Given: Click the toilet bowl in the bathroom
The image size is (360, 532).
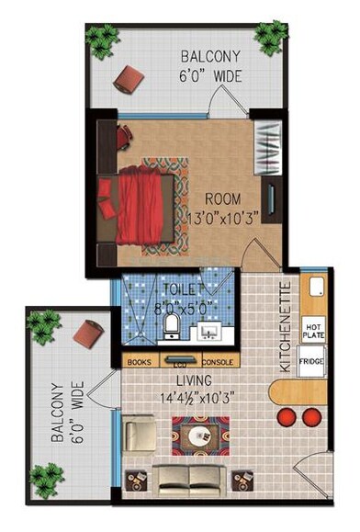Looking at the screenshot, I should point(170,325).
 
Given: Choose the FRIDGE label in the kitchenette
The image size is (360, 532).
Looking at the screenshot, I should point(312,362).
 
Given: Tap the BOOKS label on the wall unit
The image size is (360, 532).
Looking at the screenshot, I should point(140,361).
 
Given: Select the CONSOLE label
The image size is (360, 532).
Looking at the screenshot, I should point(217,361).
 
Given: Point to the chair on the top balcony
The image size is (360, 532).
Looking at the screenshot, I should point(128,80).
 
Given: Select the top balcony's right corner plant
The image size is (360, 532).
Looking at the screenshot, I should point(271,38).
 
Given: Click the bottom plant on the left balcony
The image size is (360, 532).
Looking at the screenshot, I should point(47,478).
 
